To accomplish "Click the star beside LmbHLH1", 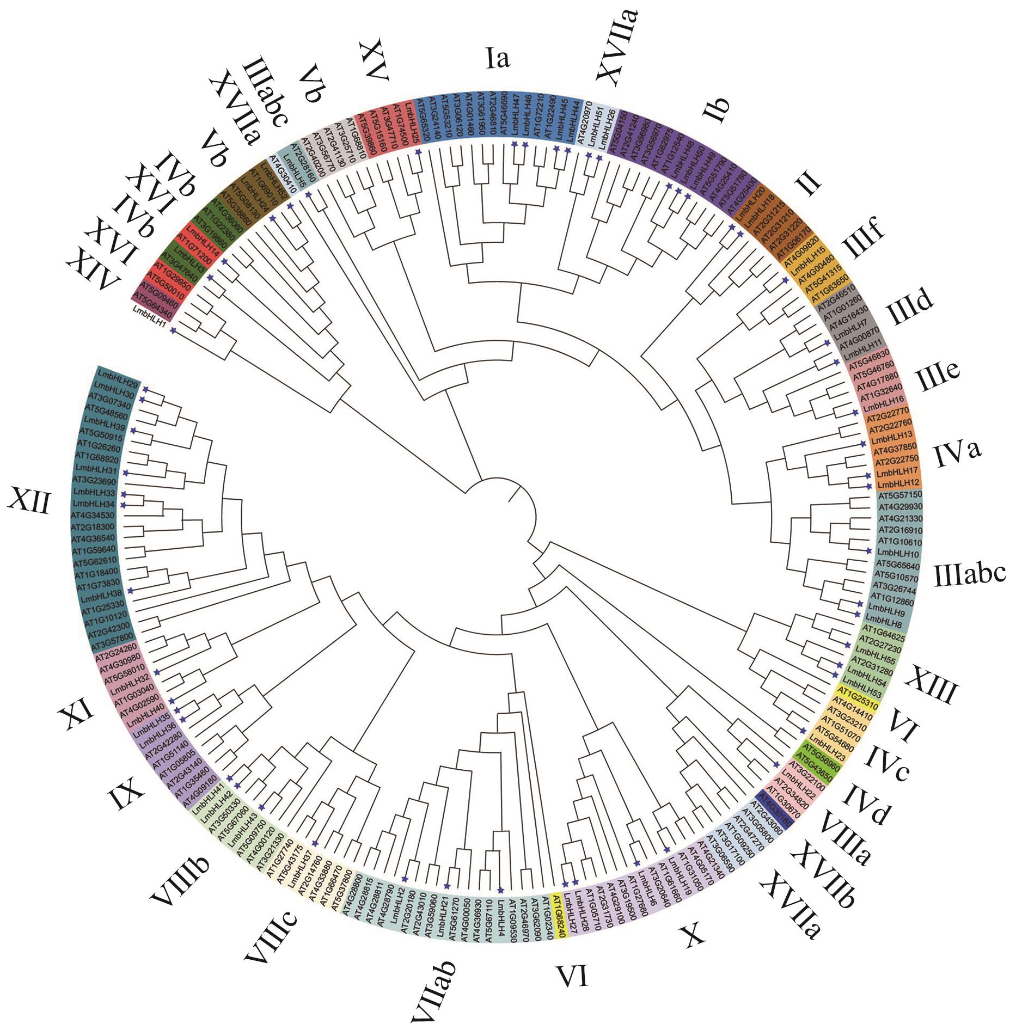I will (173, 330).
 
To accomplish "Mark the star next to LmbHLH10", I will (869, 551).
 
